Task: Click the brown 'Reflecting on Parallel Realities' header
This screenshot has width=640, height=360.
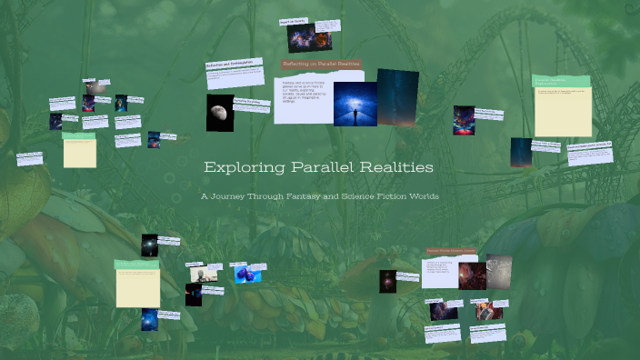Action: (321, 65)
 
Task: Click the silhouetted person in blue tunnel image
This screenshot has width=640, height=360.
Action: (355, 104)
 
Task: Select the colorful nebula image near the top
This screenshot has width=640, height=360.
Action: (301, 37)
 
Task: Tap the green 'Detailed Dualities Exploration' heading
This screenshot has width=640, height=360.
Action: (561, 82)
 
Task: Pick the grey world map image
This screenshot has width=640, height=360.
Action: (498, 270)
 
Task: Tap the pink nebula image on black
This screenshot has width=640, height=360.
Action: (387, 281)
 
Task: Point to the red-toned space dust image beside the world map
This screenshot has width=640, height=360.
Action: (472, 276)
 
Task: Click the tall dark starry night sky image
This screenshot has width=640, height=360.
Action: (397, 96)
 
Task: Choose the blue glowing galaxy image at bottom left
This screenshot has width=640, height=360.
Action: (149, 319)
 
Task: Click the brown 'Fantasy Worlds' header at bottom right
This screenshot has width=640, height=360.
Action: (451, 250)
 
